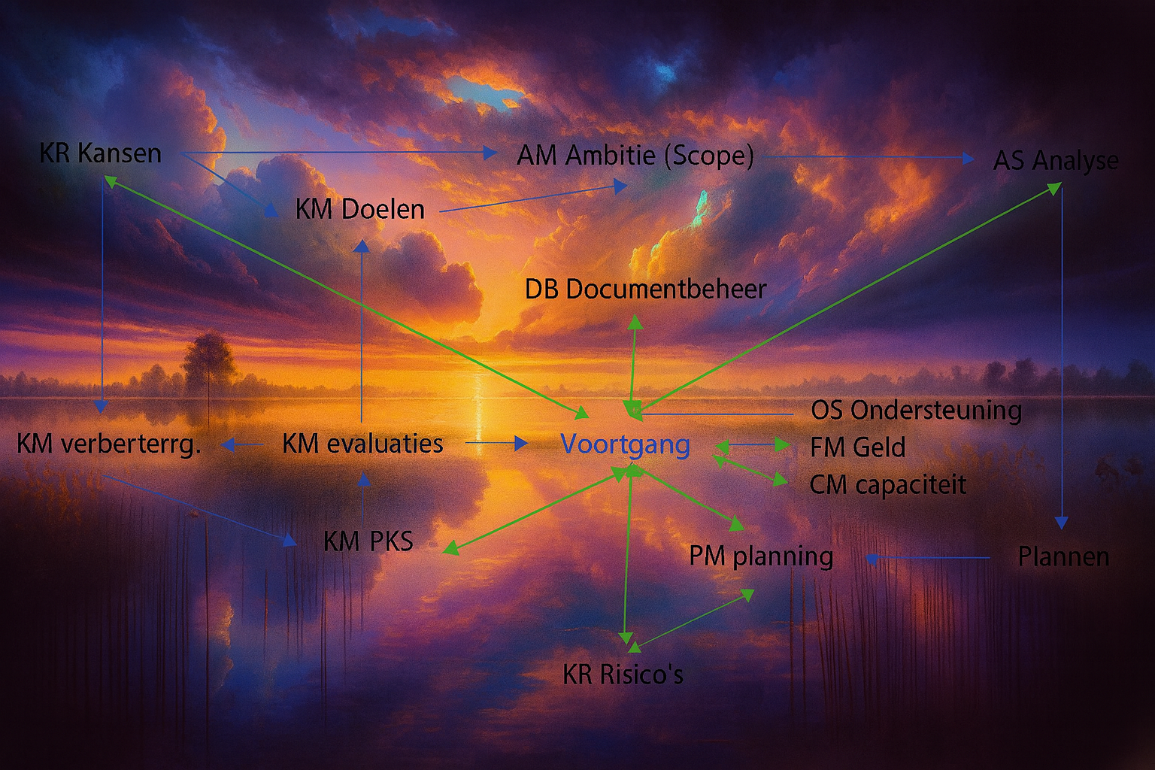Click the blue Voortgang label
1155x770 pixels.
pyautogui.click(x=625, y=444)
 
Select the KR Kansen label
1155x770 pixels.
pyautogui.click(x=100, y=153)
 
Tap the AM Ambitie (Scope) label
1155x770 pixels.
pyautogui.click(x=635, y=156)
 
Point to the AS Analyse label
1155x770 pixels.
pyautogui.click(x=1055, y=160)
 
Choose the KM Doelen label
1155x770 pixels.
pyautogui.click(x=359, y=209)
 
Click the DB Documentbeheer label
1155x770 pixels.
pyautogui.click(x=645, y=290)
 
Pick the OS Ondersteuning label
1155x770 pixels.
pyautogui.click(x=916, y=411)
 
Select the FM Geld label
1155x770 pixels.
pyautogui.click(x=857, y=447)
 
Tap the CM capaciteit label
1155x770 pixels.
pyautogui.click(x=887, y=485)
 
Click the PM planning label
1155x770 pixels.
pyautogui.click(x=761, y=556)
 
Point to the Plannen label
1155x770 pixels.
pyautogui.click(x=1063, y=557)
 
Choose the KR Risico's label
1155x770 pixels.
pyautogui.click(x=623, y=675)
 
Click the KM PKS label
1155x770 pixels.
pyautogui.click(x=368, y=541)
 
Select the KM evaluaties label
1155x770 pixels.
pyautogui.click(x=362, y=444)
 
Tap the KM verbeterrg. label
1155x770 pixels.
pyautogui.click(x=109, y=444)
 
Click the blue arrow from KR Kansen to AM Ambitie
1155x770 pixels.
pyautogui.click(x=338, y=153)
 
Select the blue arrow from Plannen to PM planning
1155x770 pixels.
pyautogui.click(x=929, y=558)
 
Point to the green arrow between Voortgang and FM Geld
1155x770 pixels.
pyautogui.click(x=752, y=446)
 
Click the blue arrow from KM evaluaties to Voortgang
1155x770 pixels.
pyautogui.click(x=496, y=443)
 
